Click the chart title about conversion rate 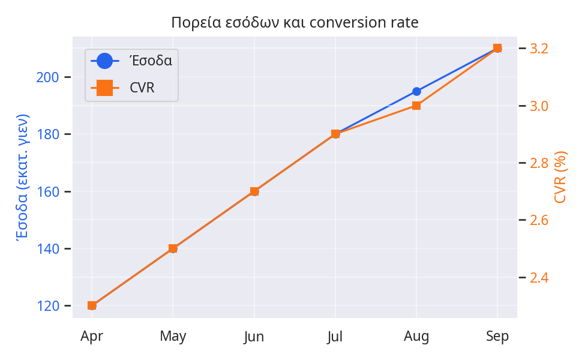(295, 22)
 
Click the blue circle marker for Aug (416, 92)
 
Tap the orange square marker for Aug (416, 106)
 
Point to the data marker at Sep (497, 48)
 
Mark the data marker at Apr (92, 305)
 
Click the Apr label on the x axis (92, 337)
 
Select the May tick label (173, 337)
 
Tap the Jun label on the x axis (254, 337)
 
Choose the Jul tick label (335, 337)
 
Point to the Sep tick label (497, 337)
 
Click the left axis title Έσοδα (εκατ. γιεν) (22, 177)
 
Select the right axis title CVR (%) (561, 177)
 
